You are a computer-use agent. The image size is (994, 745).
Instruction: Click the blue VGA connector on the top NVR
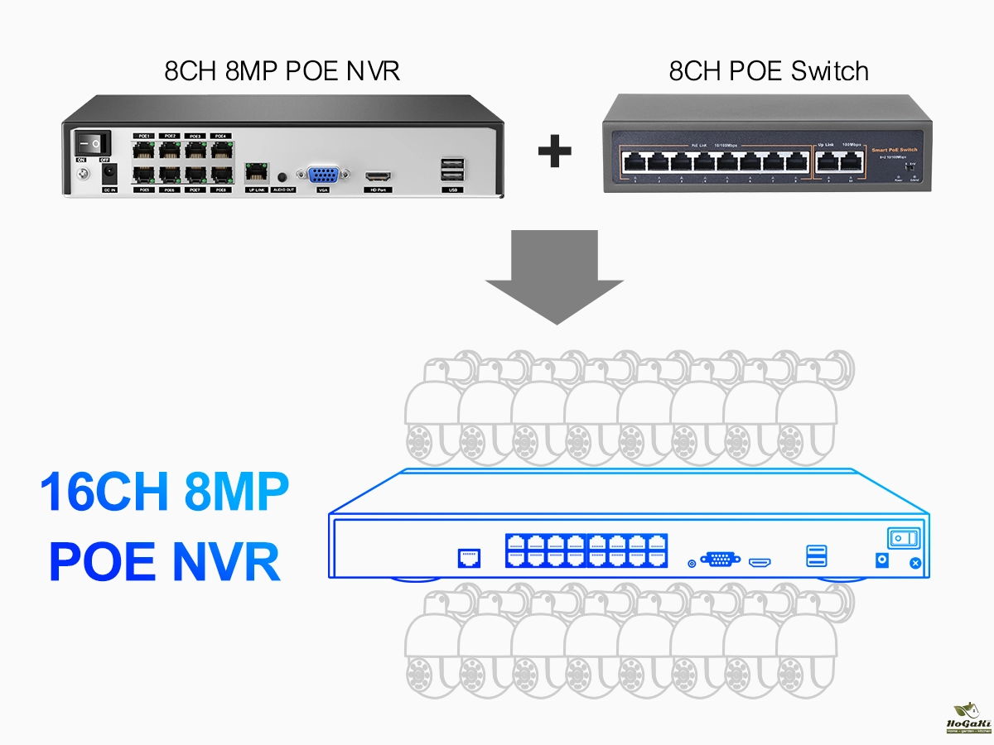[x=323, y=175]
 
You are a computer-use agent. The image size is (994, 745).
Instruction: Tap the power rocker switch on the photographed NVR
[x=93, y=142]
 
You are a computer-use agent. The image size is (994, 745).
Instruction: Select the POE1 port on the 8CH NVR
[x=144, y=150]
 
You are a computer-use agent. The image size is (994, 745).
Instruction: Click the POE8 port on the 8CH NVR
[x=220, y=175]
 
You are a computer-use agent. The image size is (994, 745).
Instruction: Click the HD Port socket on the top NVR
[x=379, y=176]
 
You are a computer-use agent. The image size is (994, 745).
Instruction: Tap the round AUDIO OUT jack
[x=284, y=176]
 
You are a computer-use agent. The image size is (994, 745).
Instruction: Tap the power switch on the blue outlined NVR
[x=904, y=538]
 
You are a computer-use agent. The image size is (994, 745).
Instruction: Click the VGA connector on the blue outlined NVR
[x=720, y=560]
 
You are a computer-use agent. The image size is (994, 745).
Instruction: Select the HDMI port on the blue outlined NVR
[x=760, y=563]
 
